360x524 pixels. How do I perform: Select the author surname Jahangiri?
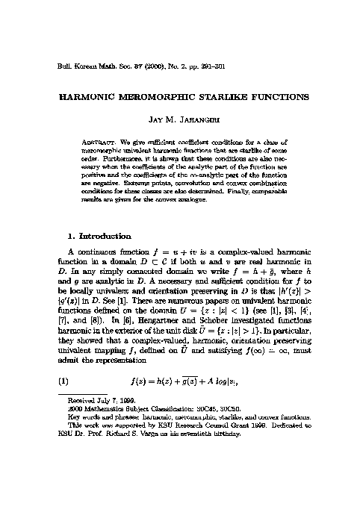pos(196,119)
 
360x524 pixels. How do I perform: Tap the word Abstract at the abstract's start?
pos(97,140)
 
